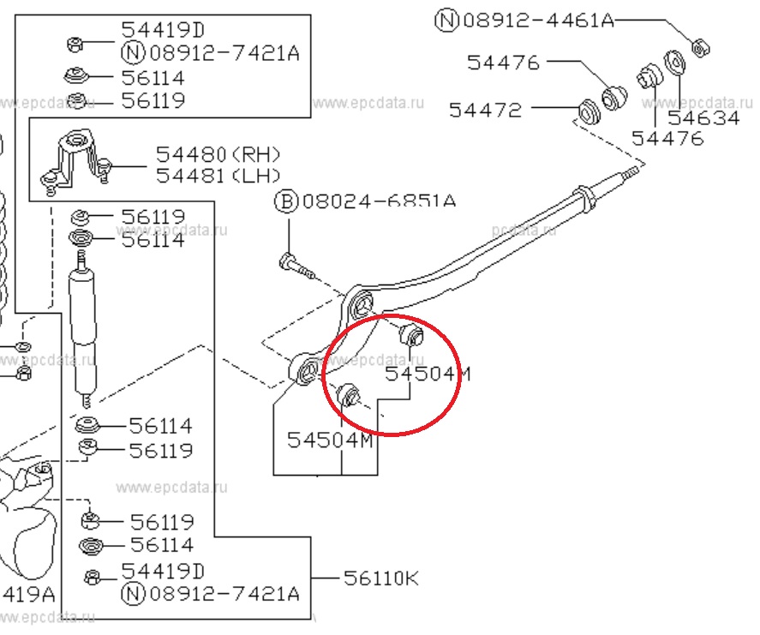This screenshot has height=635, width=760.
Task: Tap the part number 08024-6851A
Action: pyautogui.click(x=376, y=202)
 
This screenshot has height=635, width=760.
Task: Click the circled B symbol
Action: pyautogui.click(x=285, y=202)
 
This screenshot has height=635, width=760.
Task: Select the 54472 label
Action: pyautogui.click(x=485, y=110)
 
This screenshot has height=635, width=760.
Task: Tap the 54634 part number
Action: pyautogui.click(x=703, y=118)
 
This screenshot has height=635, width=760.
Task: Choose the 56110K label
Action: pyautogui.click(x=381, y=578)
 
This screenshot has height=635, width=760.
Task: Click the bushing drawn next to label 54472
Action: pyautogui.click(x=588, y=111)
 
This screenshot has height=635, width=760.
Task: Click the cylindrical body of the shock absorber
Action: pyautogui.click(x=84, y=326)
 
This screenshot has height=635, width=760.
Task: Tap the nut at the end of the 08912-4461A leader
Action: pyautogui.click(x=699, y=46)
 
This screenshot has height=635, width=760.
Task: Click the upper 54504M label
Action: pyautogui.click(x=428, y=374)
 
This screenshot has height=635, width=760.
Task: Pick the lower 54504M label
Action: pyautogui.click(x=330, y=440)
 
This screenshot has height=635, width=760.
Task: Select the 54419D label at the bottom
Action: pyautogui.click(x=163, y=571)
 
